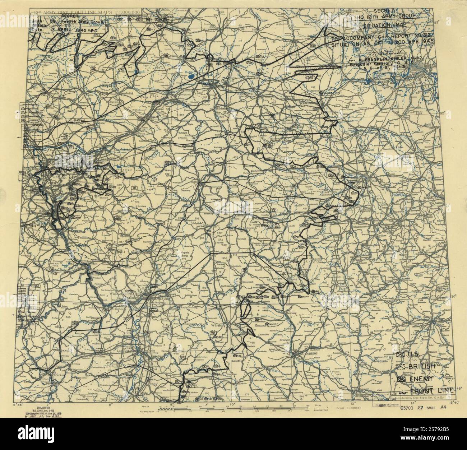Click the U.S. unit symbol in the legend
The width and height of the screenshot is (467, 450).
pyautogui.click(x=401, y=355)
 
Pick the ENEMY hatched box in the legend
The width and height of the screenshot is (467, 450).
pyautogui.click(x=402, y=379)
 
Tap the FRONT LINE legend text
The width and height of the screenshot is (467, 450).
pyautogui.click(x=438, y=390)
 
